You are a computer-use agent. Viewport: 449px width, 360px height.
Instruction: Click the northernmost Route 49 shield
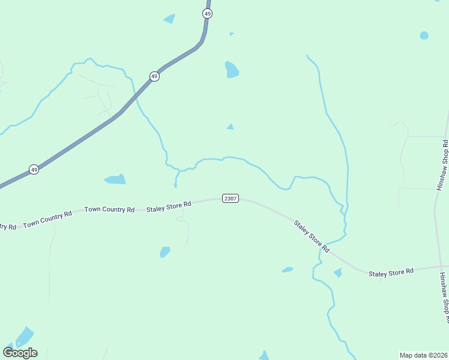(208, 13)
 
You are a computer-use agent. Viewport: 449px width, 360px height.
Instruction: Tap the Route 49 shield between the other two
(154, 76)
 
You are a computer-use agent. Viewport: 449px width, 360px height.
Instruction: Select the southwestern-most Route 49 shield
(34, 170)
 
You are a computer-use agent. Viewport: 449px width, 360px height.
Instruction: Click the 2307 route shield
(231, 199)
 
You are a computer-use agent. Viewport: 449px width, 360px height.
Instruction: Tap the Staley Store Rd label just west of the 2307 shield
(169, 206)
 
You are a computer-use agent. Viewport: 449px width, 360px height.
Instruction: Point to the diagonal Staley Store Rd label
(312, 236)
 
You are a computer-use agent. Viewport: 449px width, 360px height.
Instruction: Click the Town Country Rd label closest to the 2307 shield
(109, 209)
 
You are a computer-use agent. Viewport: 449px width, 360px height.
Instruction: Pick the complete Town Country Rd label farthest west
(47, 220)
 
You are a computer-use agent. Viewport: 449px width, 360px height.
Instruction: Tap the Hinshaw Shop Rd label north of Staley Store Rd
(444, 166)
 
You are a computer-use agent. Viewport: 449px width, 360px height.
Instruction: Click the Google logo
(20, 352)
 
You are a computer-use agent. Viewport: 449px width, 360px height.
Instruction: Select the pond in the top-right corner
(424, 35)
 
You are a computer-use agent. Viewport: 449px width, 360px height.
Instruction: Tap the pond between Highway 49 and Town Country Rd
(115, 179)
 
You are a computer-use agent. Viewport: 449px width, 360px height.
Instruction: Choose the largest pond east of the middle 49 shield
(231, 70)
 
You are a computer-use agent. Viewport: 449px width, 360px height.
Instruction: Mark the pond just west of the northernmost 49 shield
(170, 19)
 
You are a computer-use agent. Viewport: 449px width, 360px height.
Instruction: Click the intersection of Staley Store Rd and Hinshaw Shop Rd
(441, 266)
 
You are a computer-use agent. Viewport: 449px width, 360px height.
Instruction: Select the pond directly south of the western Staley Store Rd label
(164, 252)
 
